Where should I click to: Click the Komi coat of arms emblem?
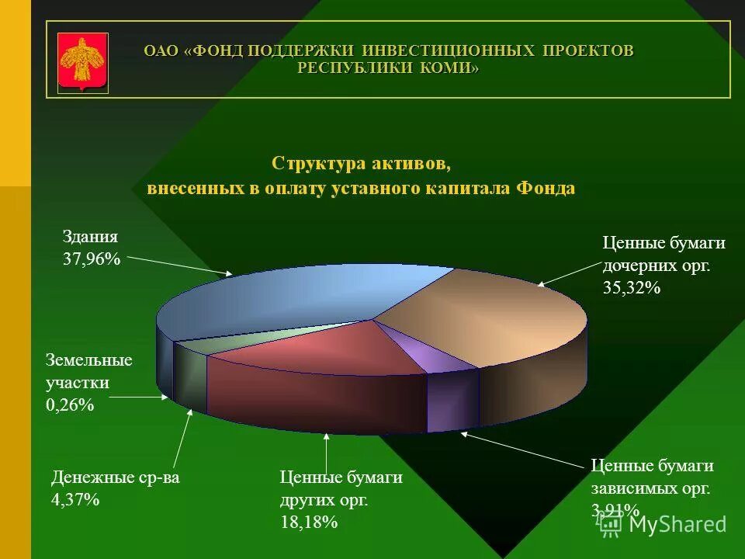click(83, 62)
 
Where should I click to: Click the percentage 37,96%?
click(92, 260)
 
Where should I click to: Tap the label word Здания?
click(90, 238)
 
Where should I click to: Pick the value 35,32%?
click(631, 288)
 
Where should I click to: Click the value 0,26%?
click(70, 404)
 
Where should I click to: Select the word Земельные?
click(89, 361)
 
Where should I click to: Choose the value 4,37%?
click(75, 500)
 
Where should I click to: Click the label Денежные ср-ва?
click(115, 477)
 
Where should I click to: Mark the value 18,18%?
click(309, 523)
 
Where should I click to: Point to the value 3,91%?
click(615, 510)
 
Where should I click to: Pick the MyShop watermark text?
click(677, 524)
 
